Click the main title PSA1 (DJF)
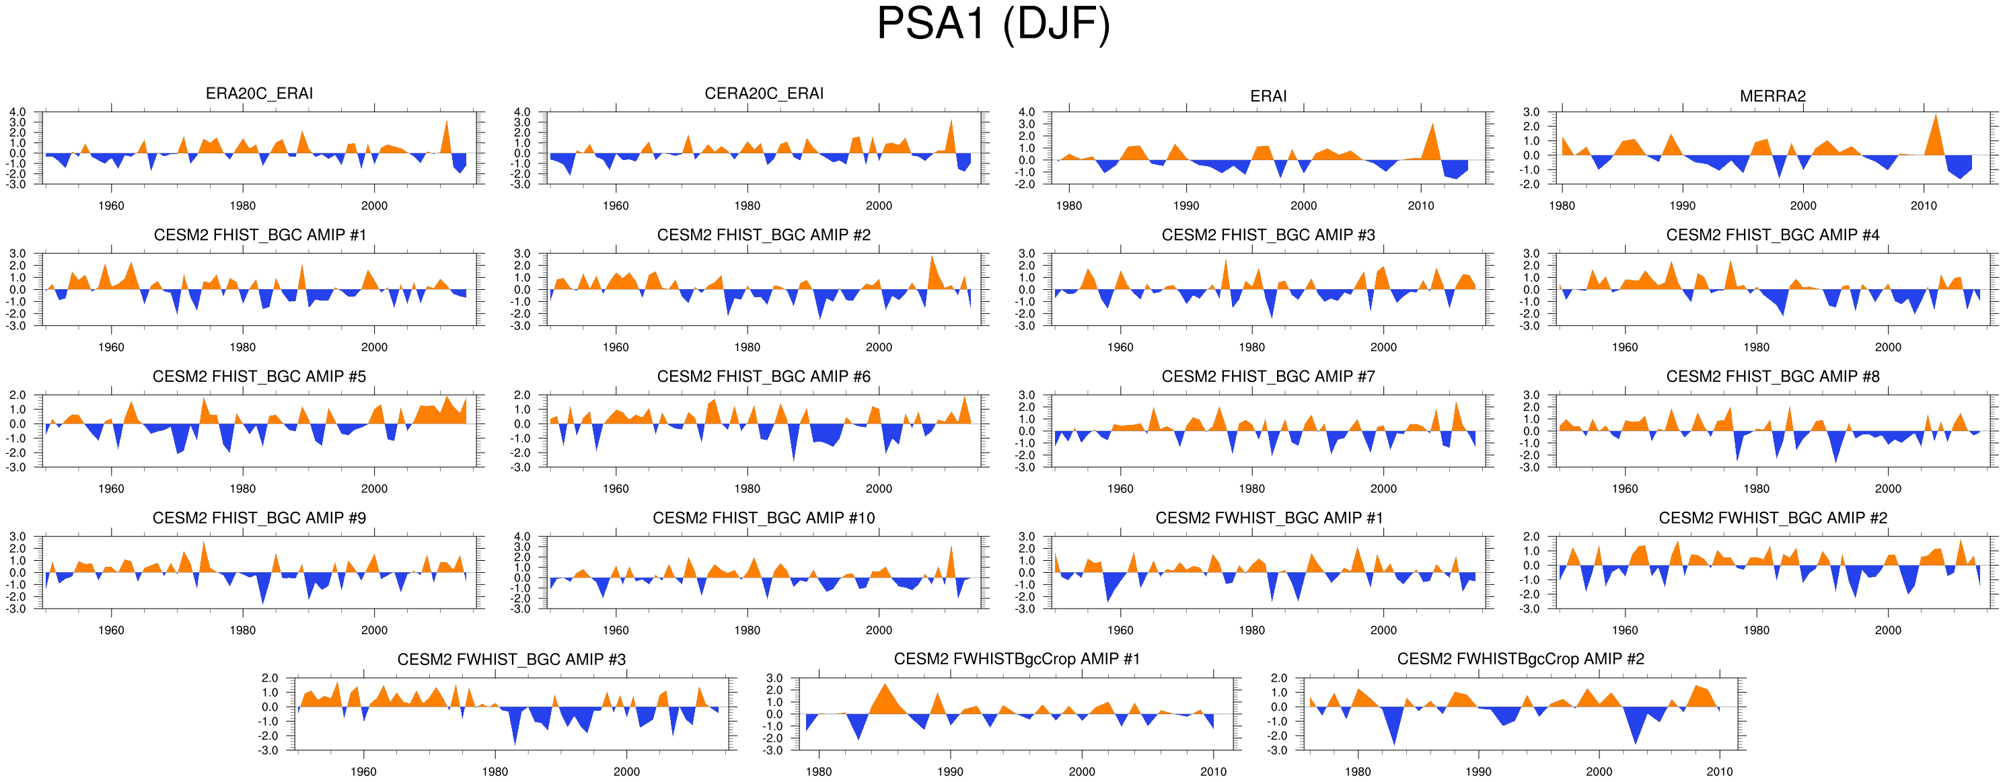click(993, 25)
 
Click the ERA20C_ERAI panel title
click(259, 93)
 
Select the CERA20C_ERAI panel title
click(764, 93)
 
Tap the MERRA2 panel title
click(1772, 96)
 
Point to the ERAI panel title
click(1268, 96)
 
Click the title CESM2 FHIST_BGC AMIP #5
click(259, 377)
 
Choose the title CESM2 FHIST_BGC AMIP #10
click(764, 518)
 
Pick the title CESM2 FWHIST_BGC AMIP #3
click(511, 660)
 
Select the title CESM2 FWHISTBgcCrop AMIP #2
click(1520, 659)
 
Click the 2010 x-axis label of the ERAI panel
click(1420, 206)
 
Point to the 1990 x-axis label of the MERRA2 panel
click(1682, 206)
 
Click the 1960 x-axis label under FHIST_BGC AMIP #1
click(111, 348)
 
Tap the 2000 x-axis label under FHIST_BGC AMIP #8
click(1887, 490)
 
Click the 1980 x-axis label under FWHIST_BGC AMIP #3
click(495, 772)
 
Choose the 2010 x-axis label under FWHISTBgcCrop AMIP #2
click(1719, 772)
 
